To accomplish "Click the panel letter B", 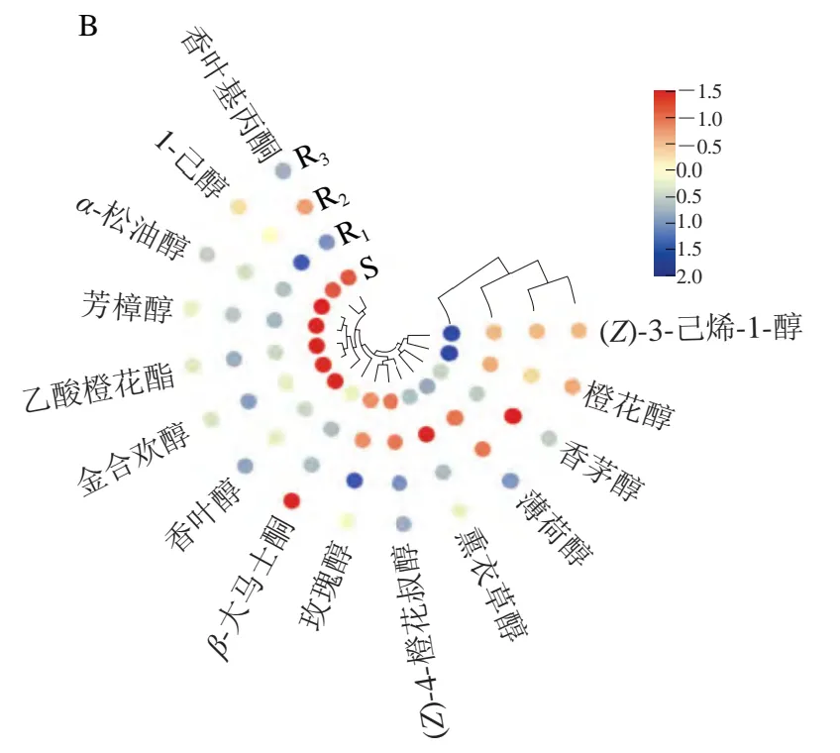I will tap(87, 27).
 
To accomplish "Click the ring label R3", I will tap(314, 158).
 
